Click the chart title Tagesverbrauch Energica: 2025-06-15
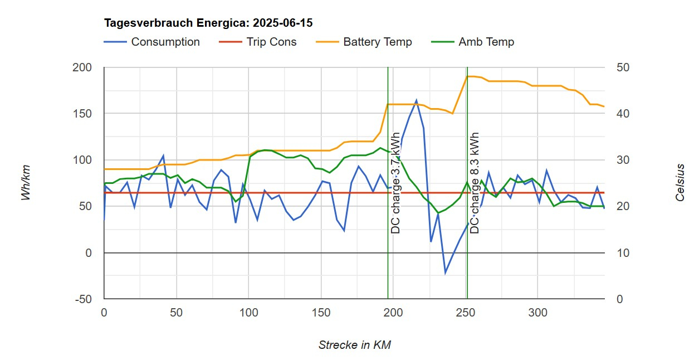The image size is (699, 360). (208, 23)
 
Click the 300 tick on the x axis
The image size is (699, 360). (538, 313)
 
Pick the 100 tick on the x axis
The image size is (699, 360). (248, 313)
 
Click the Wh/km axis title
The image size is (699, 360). (26, 183)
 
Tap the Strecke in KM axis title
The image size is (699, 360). (354, 345)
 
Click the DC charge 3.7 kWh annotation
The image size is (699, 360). (395, 183)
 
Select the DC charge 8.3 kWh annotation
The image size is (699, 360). (475, 183)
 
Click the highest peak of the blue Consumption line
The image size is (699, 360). (416, 100)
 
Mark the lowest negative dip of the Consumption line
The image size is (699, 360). (445, 273)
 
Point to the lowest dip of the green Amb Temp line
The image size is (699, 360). (438, 213)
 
